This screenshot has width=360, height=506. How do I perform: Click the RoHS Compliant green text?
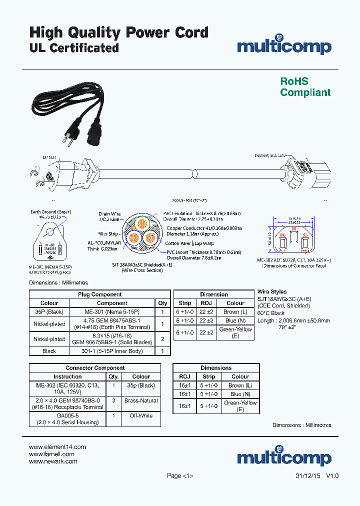(305, 87)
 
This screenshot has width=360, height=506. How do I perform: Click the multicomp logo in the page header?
(284, 45)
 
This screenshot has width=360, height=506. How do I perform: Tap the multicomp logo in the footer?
(284, 457)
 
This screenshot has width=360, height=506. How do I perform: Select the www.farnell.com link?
(51, 454)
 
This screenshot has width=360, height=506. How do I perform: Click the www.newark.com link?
(53, 461)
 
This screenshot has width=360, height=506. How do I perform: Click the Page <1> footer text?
(180, 476)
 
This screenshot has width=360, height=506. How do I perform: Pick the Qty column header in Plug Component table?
(162, 303)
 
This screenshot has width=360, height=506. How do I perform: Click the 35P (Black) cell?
(49, 311)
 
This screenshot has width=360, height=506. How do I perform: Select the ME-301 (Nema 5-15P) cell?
(112, 311)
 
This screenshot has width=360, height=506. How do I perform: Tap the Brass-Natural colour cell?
(141, 400)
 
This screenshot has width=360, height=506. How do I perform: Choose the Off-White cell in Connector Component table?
(141, 415)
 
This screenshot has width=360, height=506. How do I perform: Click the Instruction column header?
(67, 376)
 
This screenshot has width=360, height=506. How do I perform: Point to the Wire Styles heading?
(272, 291)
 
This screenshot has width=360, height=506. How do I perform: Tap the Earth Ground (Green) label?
(50, 212)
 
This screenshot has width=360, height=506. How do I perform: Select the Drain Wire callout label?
(109, 214)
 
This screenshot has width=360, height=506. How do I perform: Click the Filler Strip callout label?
(108, 233)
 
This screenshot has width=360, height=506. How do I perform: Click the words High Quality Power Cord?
(119, 32)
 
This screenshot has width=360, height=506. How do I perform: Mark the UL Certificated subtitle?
(74, 48)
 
